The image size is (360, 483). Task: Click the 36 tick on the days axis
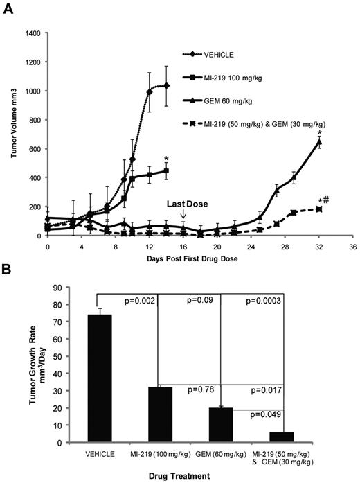coord(353,246)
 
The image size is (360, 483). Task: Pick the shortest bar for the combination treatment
coord(281,437)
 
